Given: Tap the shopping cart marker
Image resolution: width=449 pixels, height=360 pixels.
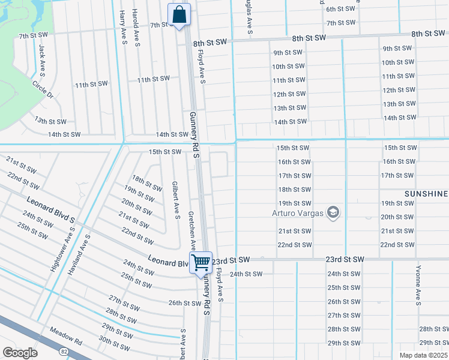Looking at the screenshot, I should tap(200, 262).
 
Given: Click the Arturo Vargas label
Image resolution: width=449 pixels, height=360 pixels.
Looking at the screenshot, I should tap(298, 213).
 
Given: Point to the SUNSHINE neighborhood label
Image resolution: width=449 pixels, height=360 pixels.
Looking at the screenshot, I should tap(426, 194).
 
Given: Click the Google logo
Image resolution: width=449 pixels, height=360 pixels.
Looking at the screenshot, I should tap(20, 353).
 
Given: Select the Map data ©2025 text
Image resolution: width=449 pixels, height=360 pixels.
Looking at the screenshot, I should tap(423, 355).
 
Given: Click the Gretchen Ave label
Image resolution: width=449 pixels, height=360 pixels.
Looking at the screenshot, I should tap(191, 230).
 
